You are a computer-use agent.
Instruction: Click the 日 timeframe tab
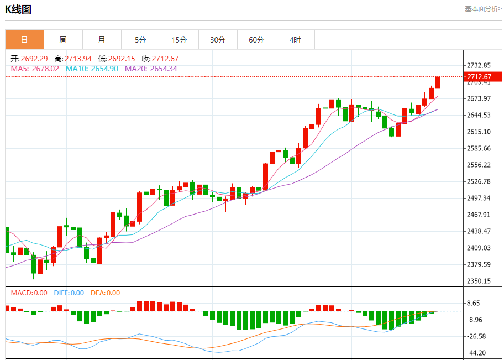(24, 40)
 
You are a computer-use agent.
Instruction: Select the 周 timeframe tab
(63, 40)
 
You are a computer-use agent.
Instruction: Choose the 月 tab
(102, 40)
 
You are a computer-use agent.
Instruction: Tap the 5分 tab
(140, 40)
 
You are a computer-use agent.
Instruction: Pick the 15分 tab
(179, 40)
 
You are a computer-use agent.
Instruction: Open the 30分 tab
(218, 40)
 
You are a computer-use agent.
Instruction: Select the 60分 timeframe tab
(256, 40)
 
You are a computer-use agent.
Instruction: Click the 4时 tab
(295, 40)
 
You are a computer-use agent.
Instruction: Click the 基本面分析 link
(482, 8)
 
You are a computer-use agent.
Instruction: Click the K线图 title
(18, 9)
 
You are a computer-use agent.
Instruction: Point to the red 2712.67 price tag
(482, 77)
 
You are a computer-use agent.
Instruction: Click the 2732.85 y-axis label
(479, 65)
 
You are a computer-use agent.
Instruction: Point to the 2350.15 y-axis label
(479, 281)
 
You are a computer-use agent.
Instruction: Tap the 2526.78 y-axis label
(479, 181)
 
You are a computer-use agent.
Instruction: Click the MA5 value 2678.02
(46, 69)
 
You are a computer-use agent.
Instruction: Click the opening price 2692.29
(34, 59)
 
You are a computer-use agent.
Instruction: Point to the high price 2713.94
(78, 59)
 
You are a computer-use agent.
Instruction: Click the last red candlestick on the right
(438, 82)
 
